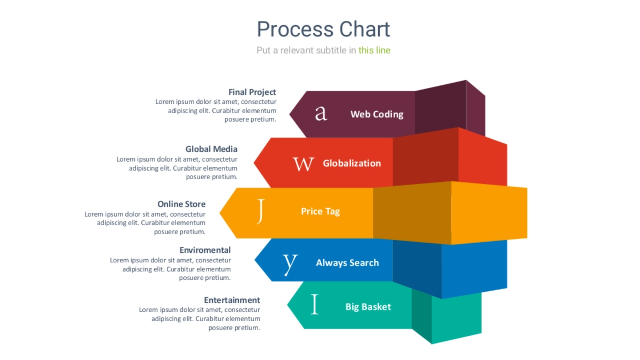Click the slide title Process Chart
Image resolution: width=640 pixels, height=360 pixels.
(x=323, y=29)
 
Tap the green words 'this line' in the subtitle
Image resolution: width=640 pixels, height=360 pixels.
(x=374, y=51)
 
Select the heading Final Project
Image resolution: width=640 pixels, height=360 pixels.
(x=252, y=92)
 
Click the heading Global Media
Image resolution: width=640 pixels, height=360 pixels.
(x=211, y=149)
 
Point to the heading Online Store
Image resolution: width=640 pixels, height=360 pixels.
(x=181, y=204)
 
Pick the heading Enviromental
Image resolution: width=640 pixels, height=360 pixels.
(x=205, y=250)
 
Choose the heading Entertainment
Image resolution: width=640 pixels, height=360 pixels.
(x=232, y=300)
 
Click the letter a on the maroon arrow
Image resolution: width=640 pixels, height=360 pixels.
(x=321, y=113)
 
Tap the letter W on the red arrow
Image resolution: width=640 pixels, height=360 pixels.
(x=303, y=164)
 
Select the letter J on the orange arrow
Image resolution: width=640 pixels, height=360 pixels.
(x=260, y=211)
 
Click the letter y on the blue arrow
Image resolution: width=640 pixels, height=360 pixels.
(x=290, y=262)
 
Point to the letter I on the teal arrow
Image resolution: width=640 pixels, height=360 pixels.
(x=315, y=305)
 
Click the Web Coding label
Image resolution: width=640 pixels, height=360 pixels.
(x=377, y=114)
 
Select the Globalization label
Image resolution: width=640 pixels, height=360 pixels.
(x=352, y=164)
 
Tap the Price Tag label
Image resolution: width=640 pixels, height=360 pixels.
(x=320, y=212)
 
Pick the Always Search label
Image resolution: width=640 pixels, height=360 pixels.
(x=347, y=263)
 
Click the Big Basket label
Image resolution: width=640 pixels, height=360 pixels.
(x=368, y=307)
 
